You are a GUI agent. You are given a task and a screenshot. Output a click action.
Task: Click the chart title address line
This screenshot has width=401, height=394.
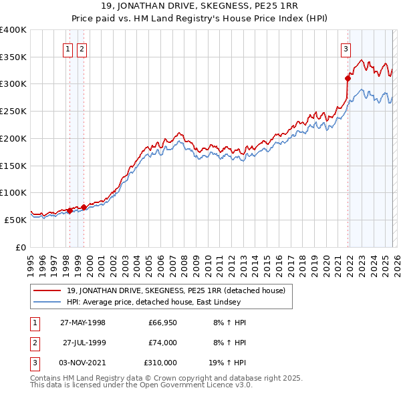coord(200,7)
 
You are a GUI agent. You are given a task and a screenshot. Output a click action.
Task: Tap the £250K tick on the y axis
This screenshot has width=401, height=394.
coord(13,112)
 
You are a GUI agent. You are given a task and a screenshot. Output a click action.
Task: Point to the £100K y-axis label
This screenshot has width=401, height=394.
coord(13,192)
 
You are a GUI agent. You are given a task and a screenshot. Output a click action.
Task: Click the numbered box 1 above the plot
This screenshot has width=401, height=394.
coord(69,48)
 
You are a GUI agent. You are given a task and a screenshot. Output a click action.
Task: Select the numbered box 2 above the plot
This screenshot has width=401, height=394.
coord(82,48)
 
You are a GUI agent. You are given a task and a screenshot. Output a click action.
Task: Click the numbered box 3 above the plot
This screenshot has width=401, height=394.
coord(346,48)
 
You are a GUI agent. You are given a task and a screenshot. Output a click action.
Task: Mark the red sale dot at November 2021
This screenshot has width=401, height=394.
coord(348,78)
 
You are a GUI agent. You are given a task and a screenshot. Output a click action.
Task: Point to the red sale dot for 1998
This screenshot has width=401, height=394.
coord(70,210)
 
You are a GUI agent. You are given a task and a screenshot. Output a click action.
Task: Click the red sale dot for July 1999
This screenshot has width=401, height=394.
coord(84,206)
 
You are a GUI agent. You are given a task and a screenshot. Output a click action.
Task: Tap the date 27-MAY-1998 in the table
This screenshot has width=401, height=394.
coord(83,322)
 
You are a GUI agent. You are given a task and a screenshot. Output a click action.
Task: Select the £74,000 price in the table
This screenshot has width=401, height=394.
coord(163,342)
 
